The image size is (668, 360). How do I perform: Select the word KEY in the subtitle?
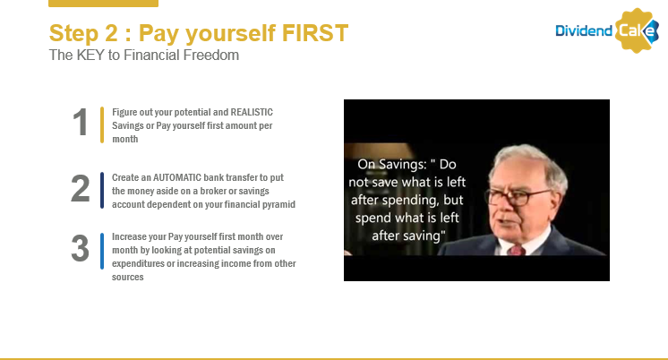click(90, 55)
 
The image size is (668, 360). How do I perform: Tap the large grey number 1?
click(81, 123)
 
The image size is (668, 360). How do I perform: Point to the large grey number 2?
click(80, 188)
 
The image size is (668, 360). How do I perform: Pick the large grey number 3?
click(80, 248)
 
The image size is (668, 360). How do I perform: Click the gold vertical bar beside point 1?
click(102, 124)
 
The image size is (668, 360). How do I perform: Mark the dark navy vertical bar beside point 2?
click(102, 191)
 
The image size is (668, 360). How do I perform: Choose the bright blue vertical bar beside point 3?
click(102, 251)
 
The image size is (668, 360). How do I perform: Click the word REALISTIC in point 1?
click(252, 112)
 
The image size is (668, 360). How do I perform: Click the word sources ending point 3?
click(128, 277)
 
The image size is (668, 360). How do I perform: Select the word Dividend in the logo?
click(584, 30)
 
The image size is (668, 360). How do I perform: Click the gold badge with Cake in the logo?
click(637, 30)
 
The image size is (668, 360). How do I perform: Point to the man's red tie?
click(517, 249)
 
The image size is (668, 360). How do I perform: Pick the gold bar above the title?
click(104, 4)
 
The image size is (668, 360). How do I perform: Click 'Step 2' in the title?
click(83, 33)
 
